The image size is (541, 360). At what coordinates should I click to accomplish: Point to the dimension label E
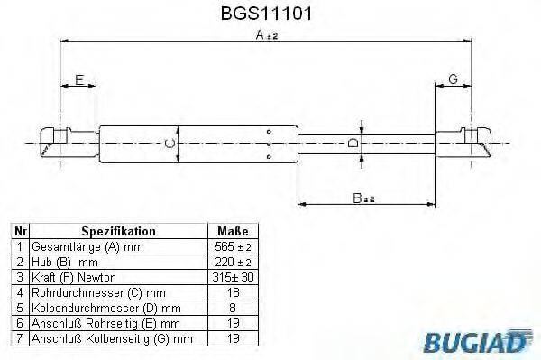click(79, 80)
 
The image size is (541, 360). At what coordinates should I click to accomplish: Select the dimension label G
click(453, 80)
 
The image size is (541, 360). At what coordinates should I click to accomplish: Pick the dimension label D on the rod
click(353, 143)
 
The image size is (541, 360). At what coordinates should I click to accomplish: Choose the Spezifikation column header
click(118, 231)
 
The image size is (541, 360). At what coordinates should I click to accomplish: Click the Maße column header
click(232, 231)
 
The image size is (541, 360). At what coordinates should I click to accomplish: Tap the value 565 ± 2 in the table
click(232, 246)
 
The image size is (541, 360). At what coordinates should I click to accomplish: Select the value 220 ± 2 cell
click(232, 261)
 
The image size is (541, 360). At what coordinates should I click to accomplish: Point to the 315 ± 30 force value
click(232, 276)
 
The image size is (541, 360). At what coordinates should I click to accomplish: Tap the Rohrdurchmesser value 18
click(232, 291)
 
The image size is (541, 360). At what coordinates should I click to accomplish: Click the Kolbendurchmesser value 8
click(232, 307)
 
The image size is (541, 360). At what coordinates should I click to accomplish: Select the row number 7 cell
click(19, 337)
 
